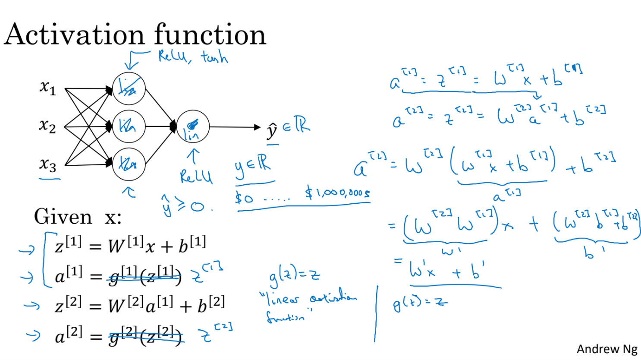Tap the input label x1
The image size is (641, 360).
tap(47, 88)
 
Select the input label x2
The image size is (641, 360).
tap(47, 126)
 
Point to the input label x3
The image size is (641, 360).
tap(47, 164)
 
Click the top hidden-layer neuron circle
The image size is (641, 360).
tap(129, 89)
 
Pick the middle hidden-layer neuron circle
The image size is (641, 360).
tap(129, 126)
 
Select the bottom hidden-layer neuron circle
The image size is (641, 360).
tap(129, 164)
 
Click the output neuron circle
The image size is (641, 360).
tap(192, 126)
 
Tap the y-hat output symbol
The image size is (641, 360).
tap(272, 131)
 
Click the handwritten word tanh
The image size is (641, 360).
tap(214, 57)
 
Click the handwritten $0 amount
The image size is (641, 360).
tap(244, 198)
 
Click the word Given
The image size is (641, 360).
tap(63, 217)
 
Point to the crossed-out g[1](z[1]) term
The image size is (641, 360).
tap(145, 276)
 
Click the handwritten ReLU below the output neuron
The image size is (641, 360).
tap(196, 176)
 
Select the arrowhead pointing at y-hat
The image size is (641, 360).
tap(258, 127)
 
